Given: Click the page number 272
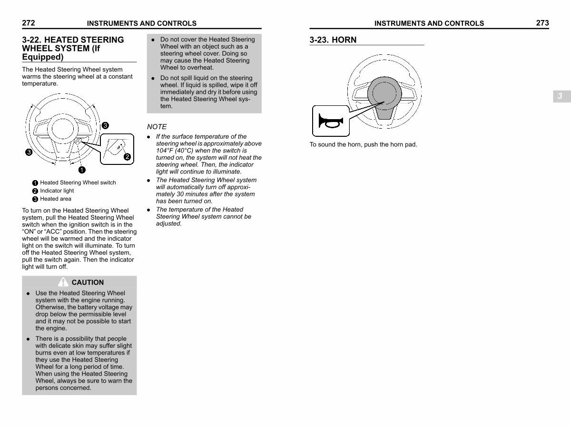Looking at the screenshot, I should [28, 22].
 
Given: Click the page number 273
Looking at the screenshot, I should [542, 23].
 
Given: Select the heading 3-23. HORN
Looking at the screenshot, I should [333, 40].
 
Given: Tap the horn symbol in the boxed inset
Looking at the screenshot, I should [330, 122].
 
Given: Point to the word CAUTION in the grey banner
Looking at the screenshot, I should [88, 283].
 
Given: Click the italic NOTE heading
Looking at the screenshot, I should [157, 127].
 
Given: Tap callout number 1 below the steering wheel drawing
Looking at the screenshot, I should [82, 170].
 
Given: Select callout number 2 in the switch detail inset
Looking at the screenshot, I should [127, 156].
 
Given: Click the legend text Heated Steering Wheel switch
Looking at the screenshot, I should [78, 183].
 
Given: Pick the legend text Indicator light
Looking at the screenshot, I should [57, 191].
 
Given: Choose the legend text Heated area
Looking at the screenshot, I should [55, 199].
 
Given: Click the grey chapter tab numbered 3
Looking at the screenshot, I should [560, 96].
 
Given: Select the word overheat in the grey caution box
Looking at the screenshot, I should [200, 68].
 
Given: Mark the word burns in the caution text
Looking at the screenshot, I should [44, 353].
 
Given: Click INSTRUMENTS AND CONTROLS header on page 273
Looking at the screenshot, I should [429, 23].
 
